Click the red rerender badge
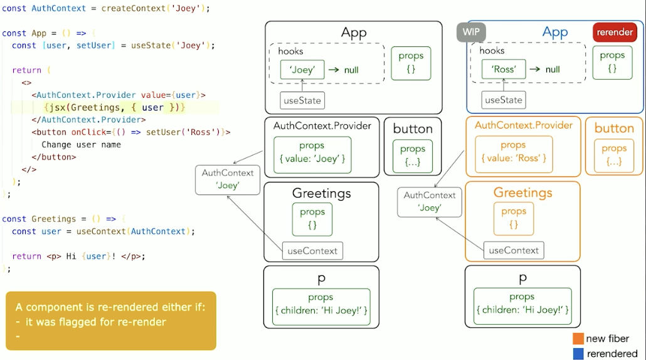coord(615,32)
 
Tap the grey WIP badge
coord(471,32)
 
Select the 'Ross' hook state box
coord(504,70)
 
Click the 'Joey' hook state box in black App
coord(302,70)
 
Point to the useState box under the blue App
coord(504,100)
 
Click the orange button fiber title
coord(614,129)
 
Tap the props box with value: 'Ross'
coord(513,152)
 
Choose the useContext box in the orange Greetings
coord(514,250)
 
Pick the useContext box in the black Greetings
coord(312,251)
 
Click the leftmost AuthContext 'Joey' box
coord(228,179)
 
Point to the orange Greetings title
coord(523,193)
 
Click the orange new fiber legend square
coord(578,339)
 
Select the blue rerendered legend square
coord(578,354)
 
